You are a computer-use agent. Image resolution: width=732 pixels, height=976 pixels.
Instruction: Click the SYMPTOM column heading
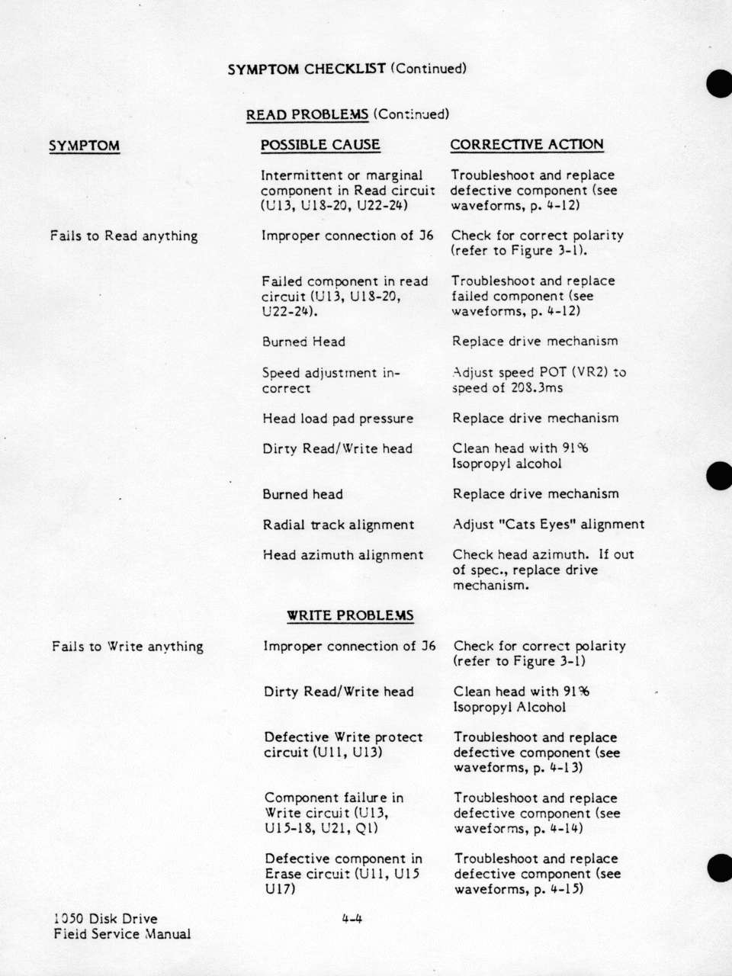coord(84,146)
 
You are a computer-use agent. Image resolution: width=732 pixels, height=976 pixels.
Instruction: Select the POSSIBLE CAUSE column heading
coord(320,145)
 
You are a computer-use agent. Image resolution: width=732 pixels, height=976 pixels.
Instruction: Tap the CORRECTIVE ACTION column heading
coord(526,144)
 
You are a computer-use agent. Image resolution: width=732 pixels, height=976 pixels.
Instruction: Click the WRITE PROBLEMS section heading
coord(350,615)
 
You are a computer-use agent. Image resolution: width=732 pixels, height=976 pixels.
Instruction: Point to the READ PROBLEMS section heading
coord(307,114)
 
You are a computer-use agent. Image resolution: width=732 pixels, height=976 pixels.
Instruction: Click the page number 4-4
coord(352,919)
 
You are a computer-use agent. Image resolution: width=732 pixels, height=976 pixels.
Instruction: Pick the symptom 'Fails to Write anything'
coord(127,647)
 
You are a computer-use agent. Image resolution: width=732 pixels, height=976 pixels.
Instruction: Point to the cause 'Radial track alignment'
coord(339,525)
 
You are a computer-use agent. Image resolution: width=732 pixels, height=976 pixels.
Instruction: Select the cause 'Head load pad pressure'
coord(338,419)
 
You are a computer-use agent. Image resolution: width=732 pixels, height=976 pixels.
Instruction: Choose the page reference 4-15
coord(567,889)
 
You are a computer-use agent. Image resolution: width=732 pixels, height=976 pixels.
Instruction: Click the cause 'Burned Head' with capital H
coord(303,342)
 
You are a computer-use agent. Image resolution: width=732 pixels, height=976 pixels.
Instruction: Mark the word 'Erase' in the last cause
coord(284,874)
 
